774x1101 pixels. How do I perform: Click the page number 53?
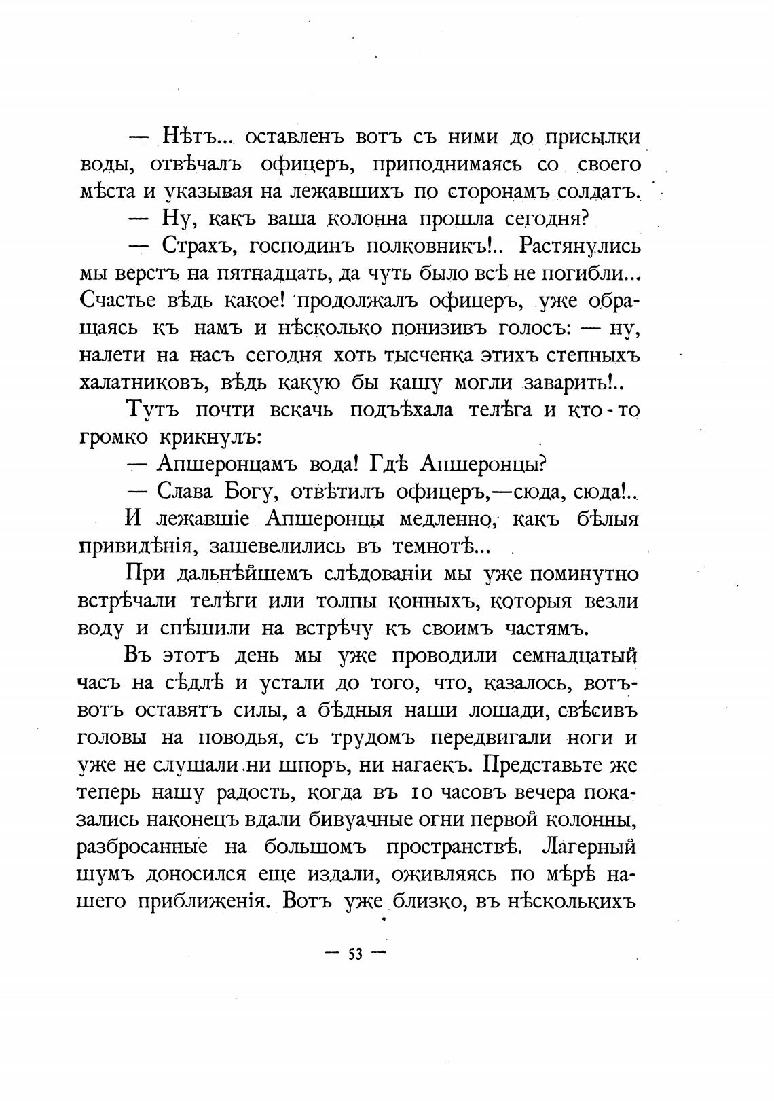pyautogui.click(x=355, y=953)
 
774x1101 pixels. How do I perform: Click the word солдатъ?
pyautogui.click(x=598, y=192)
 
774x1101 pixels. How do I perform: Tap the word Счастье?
pyautogui.click(x=120, y=301)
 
